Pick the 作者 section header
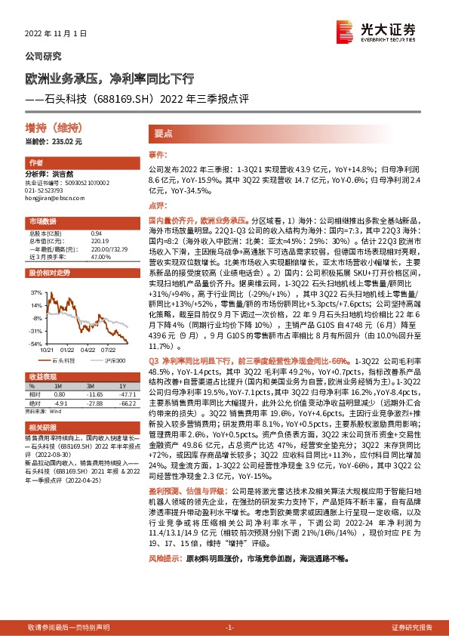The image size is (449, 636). pos(35,163)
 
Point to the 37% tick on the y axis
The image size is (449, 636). pos(35,291)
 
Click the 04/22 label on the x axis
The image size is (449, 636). pos(88,350)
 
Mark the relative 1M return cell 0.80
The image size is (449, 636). pos(59,394)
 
